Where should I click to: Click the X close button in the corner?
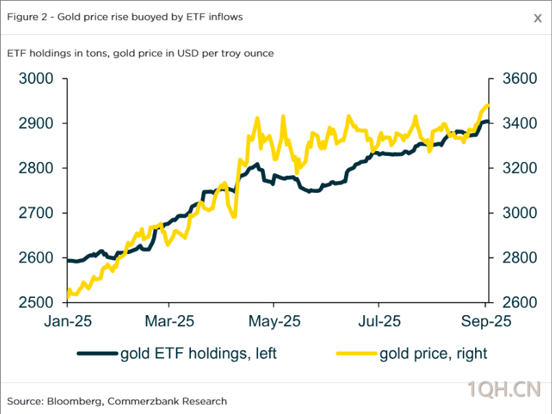coord(538,19)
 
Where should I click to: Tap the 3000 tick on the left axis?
coord(36,79)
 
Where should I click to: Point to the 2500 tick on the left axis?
coord(36,303)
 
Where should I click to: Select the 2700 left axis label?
coord(36,214)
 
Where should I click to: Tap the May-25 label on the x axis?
coord(273,321)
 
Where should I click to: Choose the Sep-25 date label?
coord(484,321)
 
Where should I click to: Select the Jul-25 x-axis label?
coord(379,321)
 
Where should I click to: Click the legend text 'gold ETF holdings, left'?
coord(198,354)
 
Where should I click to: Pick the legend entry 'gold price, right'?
coord(433,354)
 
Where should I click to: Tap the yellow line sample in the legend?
coord(356,354)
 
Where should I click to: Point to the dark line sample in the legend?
coord(97,354)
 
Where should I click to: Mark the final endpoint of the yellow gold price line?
coord(487,105)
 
